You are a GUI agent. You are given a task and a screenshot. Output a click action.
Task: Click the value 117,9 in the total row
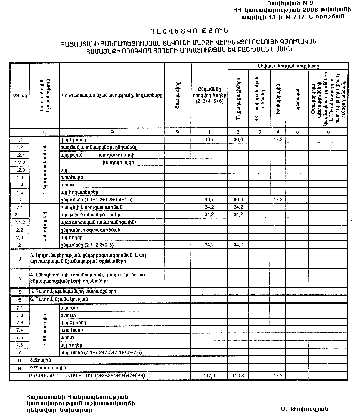coord(208,376)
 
